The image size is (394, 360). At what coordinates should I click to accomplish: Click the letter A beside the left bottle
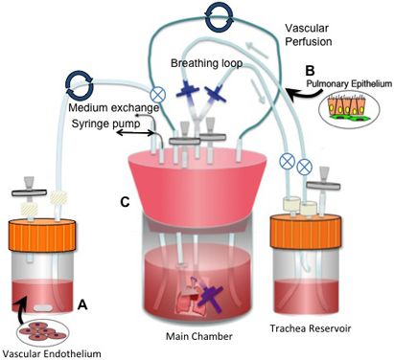click(82, 305)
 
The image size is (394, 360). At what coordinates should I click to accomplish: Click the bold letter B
click(310, 70)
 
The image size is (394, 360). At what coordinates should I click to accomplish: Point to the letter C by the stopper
click(125, 202)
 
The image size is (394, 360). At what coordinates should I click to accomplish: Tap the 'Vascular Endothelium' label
click(52, 353)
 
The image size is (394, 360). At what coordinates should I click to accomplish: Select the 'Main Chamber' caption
click(199, 336)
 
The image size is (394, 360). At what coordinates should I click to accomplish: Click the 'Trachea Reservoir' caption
click(311, 328)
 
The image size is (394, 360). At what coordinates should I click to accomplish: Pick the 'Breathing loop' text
click(206, 63)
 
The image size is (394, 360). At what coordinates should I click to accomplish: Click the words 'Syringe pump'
click(105, 124)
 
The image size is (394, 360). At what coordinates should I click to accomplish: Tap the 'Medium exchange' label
click(114, 108)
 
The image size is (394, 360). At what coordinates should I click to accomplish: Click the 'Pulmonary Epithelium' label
click(349, 84)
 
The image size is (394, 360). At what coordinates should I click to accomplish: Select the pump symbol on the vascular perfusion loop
click(220, 16)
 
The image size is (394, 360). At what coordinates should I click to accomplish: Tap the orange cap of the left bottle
click(42, 236)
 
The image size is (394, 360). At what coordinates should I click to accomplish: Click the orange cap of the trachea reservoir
click(306, 232)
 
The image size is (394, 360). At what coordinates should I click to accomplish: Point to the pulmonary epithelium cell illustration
click(349, 109)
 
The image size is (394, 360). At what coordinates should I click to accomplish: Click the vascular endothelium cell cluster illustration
click(42, 330)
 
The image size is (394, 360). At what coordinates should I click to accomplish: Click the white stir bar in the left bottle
click(43, 308)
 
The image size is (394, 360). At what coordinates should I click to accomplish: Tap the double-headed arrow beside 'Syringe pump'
click(135, 132)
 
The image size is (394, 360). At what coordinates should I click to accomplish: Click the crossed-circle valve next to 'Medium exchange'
click(158, 95)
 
